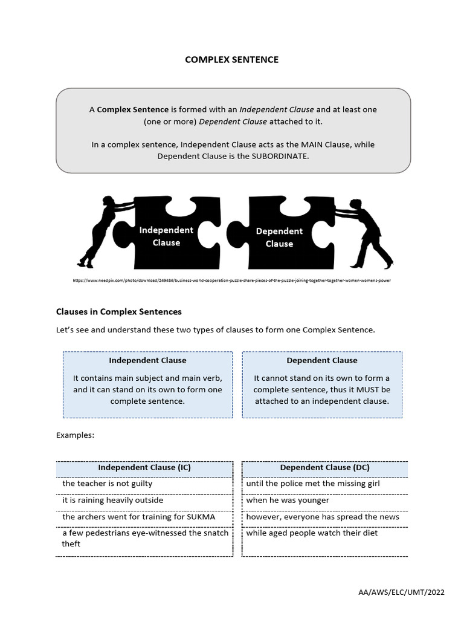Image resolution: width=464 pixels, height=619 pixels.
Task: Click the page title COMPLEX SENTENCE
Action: coord(231,60)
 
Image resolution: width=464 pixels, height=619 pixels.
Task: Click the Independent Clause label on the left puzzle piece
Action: coord(166,236)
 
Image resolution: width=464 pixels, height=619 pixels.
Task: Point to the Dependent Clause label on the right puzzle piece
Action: coord(279,237)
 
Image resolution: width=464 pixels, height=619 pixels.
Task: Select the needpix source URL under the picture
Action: coord(227,281)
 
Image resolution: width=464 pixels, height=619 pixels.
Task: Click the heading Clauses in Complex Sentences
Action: coord(118,312)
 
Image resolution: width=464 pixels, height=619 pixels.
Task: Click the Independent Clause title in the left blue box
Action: coord(147,360)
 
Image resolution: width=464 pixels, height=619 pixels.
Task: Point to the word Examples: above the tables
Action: coord(75,435)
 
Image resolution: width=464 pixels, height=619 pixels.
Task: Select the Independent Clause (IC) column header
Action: coord(144,468)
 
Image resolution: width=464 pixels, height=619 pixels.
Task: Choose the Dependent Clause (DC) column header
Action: coord(324,468)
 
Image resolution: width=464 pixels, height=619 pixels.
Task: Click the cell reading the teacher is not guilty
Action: coord(108,484)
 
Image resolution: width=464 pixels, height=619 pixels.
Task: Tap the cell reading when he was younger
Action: coord(288,501)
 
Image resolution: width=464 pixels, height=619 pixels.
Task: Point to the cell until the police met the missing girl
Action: coord(313,484)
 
